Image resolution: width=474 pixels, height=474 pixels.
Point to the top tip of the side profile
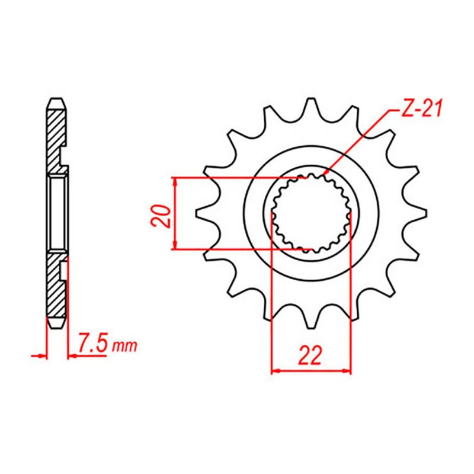coord(56,99)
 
